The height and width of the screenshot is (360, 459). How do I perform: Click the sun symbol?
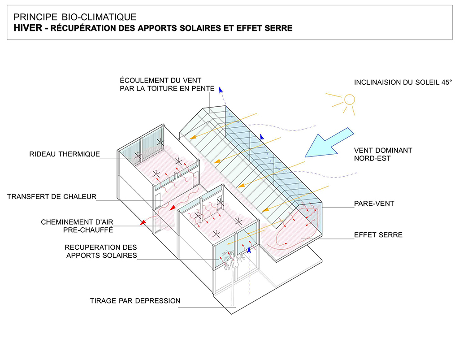(x=349, y=100)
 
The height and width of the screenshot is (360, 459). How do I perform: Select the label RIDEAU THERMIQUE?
(x=65, y=154)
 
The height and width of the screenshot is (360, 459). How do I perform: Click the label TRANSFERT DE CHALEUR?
(x=52, y=197)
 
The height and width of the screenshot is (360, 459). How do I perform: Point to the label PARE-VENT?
(x=374, y=204)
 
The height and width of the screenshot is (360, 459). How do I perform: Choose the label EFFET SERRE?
(x=378, y=235)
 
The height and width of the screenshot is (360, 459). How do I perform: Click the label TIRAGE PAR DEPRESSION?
(x=135, y=301)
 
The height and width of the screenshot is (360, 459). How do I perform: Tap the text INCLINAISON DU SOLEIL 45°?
(x=403, y=82)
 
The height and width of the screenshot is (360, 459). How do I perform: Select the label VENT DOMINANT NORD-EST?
(x=383, y=154)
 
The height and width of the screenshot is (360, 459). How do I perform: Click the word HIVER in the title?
(x=28, y=28)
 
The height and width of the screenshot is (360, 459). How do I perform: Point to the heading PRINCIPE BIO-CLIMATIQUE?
(x=75, y=17)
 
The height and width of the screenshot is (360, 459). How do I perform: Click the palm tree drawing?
(x=233, y=260)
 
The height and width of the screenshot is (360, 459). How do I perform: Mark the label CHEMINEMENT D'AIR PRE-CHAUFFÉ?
(x=77, y=226)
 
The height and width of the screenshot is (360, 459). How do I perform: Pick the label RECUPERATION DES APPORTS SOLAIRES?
(x=101, y=252)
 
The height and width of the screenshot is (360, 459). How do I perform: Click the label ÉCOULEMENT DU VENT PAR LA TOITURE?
(x=167, y=84)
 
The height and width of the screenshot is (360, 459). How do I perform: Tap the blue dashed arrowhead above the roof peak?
(x=221, y=90)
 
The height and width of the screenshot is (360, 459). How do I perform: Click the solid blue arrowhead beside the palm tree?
(x=249, y=249)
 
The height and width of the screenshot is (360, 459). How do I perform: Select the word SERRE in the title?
(x=278, y=28)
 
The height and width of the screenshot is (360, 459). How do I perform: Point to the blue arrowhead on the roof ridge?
(x=262, y=137)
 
